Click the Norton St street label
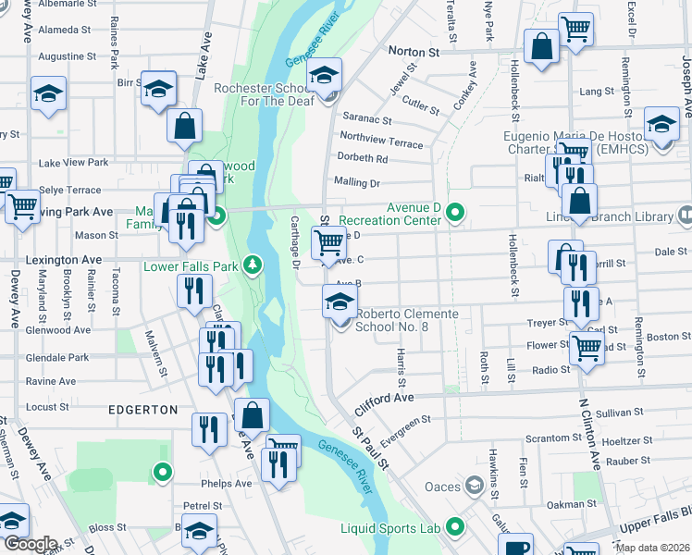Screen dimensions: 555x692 [x=413, y=53]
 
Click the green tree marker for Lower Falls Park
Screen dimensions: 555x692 [x=252, y=267]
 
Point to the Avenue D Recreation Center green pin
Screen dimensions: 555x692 [x=454, y=212]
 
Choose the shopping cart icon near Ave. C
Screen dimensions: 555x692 [x=328, y=242]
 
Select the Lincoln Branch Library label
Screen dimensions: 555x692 [x=621, y=216]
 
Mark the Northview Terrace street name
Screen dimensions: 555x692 [x=382, y=139]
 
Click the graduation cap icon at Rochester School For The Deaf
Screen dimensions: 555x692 [x=325, y=75]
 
